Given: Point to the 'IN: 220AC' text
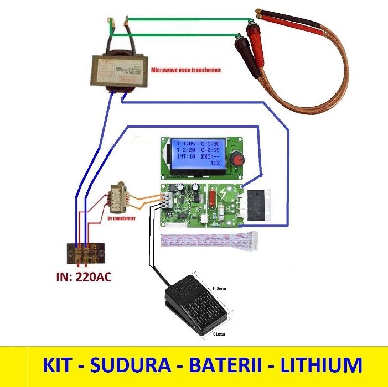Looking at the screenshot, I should point(85,276).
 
